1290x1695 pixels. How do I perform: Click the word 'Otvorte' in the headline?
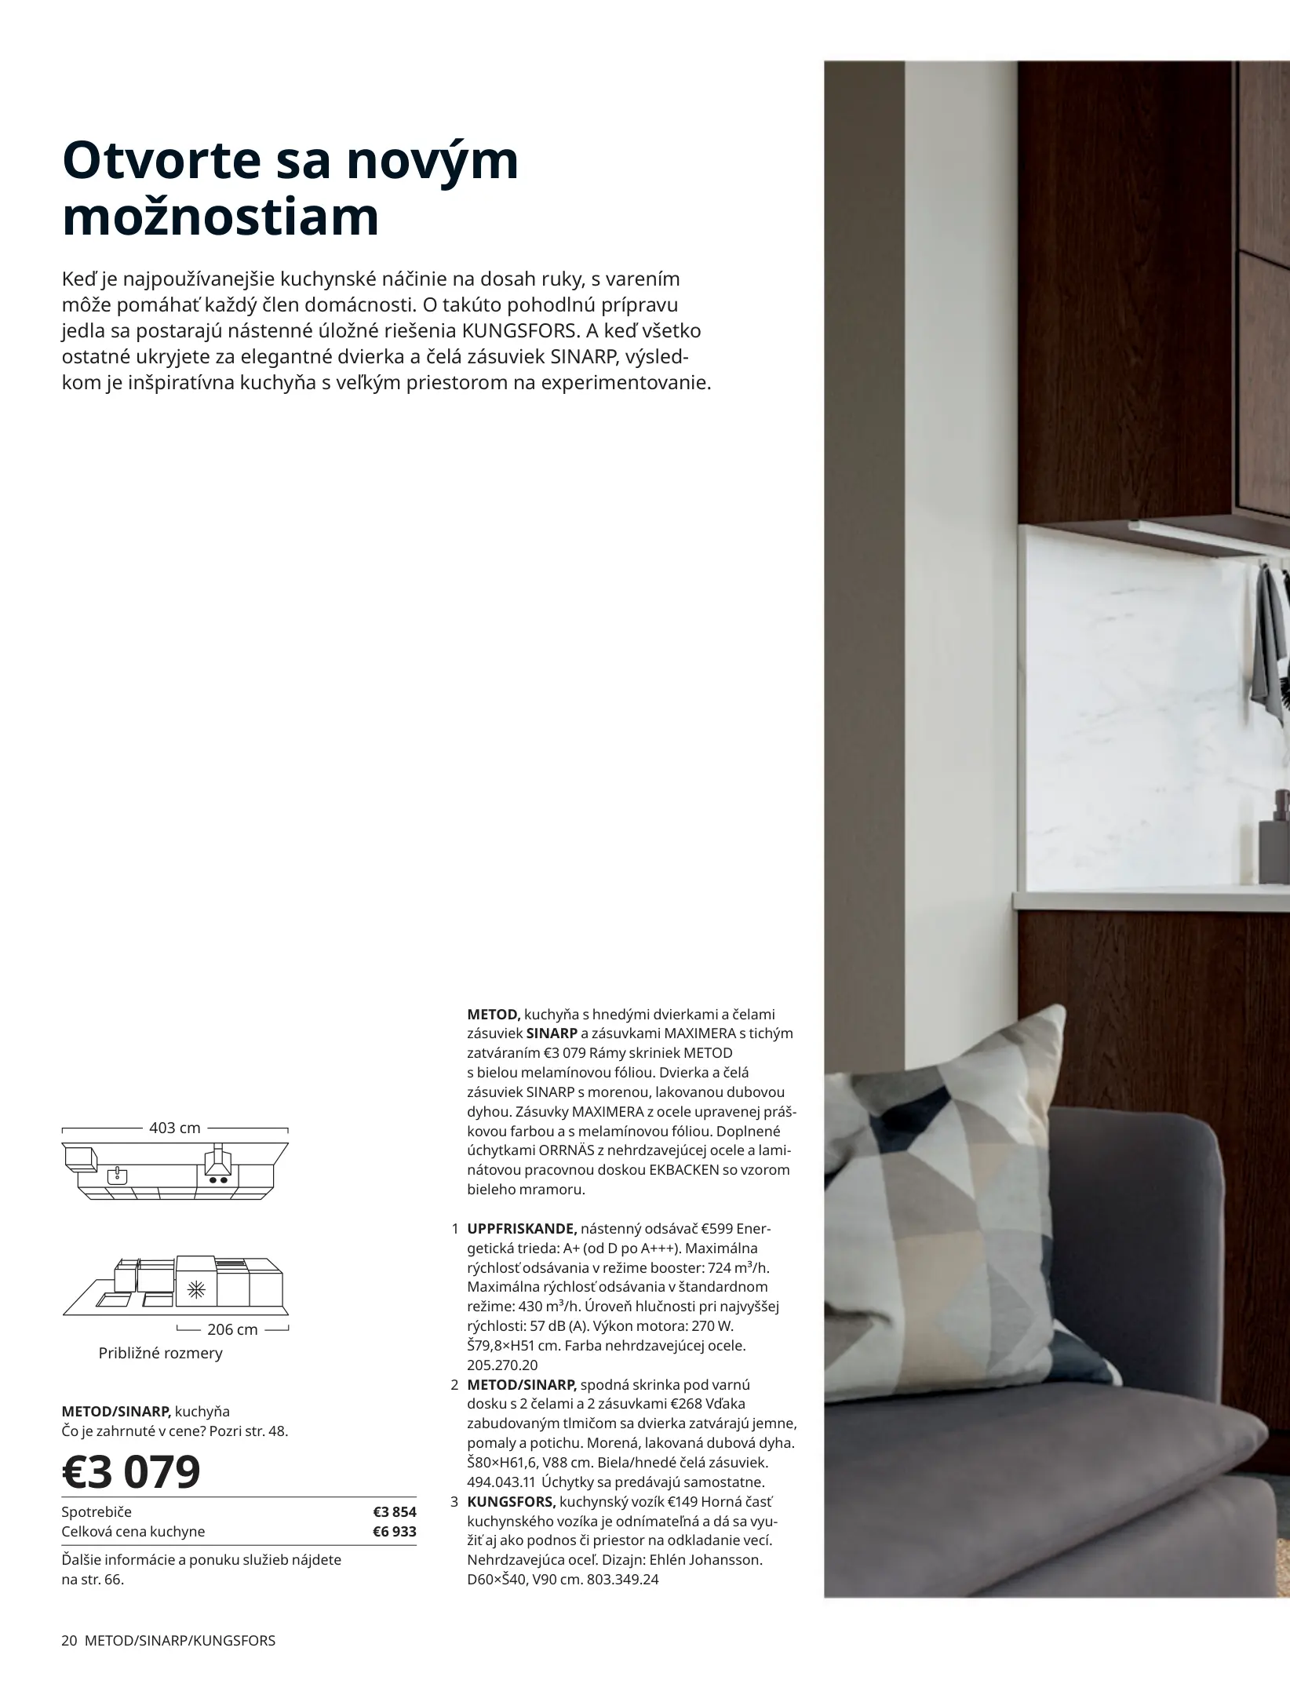[x=162, y=161]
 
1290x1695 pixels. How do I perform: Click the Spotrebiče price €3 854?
[x=394, y=1511]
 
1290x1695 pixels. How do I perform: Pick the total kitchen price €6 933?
[x=394, y=1531]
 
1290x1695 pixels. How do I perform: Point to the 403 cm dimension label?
[x=174, y=1128]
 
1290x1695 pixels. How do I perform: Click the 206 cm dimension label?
[x=232, y=1329]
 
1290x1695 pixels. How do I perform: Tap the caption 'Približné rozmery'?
[x=160, y=1353]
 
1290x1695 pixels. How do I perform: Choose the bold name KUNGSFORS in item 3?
[x=512, y=1501]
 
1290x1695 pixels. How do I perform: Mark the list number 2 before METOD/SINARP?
[x=454, y=1384]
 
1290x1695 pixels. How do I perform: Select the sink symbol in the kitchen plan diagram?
[x=117, y=1176]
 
